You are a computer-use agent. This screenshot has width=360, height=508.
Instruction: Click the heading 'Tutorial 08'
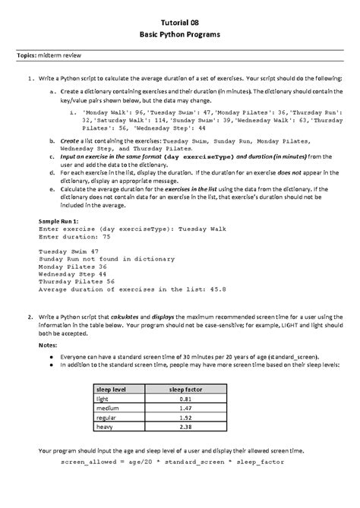(x=180, y=24)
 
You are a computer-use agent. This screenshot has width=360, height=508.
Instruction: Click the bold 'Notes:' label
(x=48, y=344)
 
